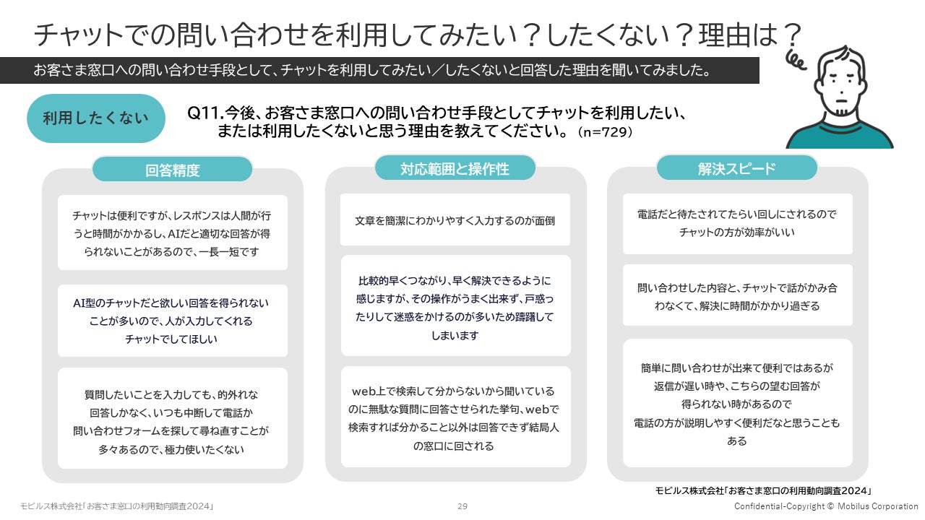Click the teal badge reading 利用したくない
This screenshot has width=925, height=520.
[95, 118]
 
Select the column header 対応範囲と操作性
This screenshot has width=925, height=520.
[455, 168]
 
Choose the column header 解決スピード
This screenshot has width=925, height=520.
[736, 168]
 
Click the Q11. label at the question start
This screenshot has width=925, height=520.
[205, 114]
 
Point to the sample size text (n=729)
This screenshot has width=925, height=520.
[606, 132]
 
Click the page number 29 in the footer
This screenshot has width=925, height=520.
[462, 506]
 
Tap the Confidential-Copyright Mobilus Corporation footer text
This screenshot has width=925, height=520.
[826, 506]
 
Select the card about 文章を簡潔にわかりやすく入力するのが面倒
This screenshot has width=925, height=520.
[455, 220]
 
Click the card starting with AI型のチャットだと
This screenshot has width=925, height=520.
[172, 321]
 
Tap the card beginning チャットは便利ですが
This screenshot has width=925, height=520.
[172, 233]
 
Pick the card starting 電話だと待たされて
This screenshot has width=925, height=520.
[737, 223]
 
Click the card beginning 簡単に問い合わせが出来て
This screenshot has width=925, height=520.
[737, 403]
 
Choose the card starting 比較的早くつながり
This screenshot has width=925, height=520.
[455, 306]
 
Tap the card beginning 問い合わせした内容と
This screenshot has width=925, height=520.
[737, 296]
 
